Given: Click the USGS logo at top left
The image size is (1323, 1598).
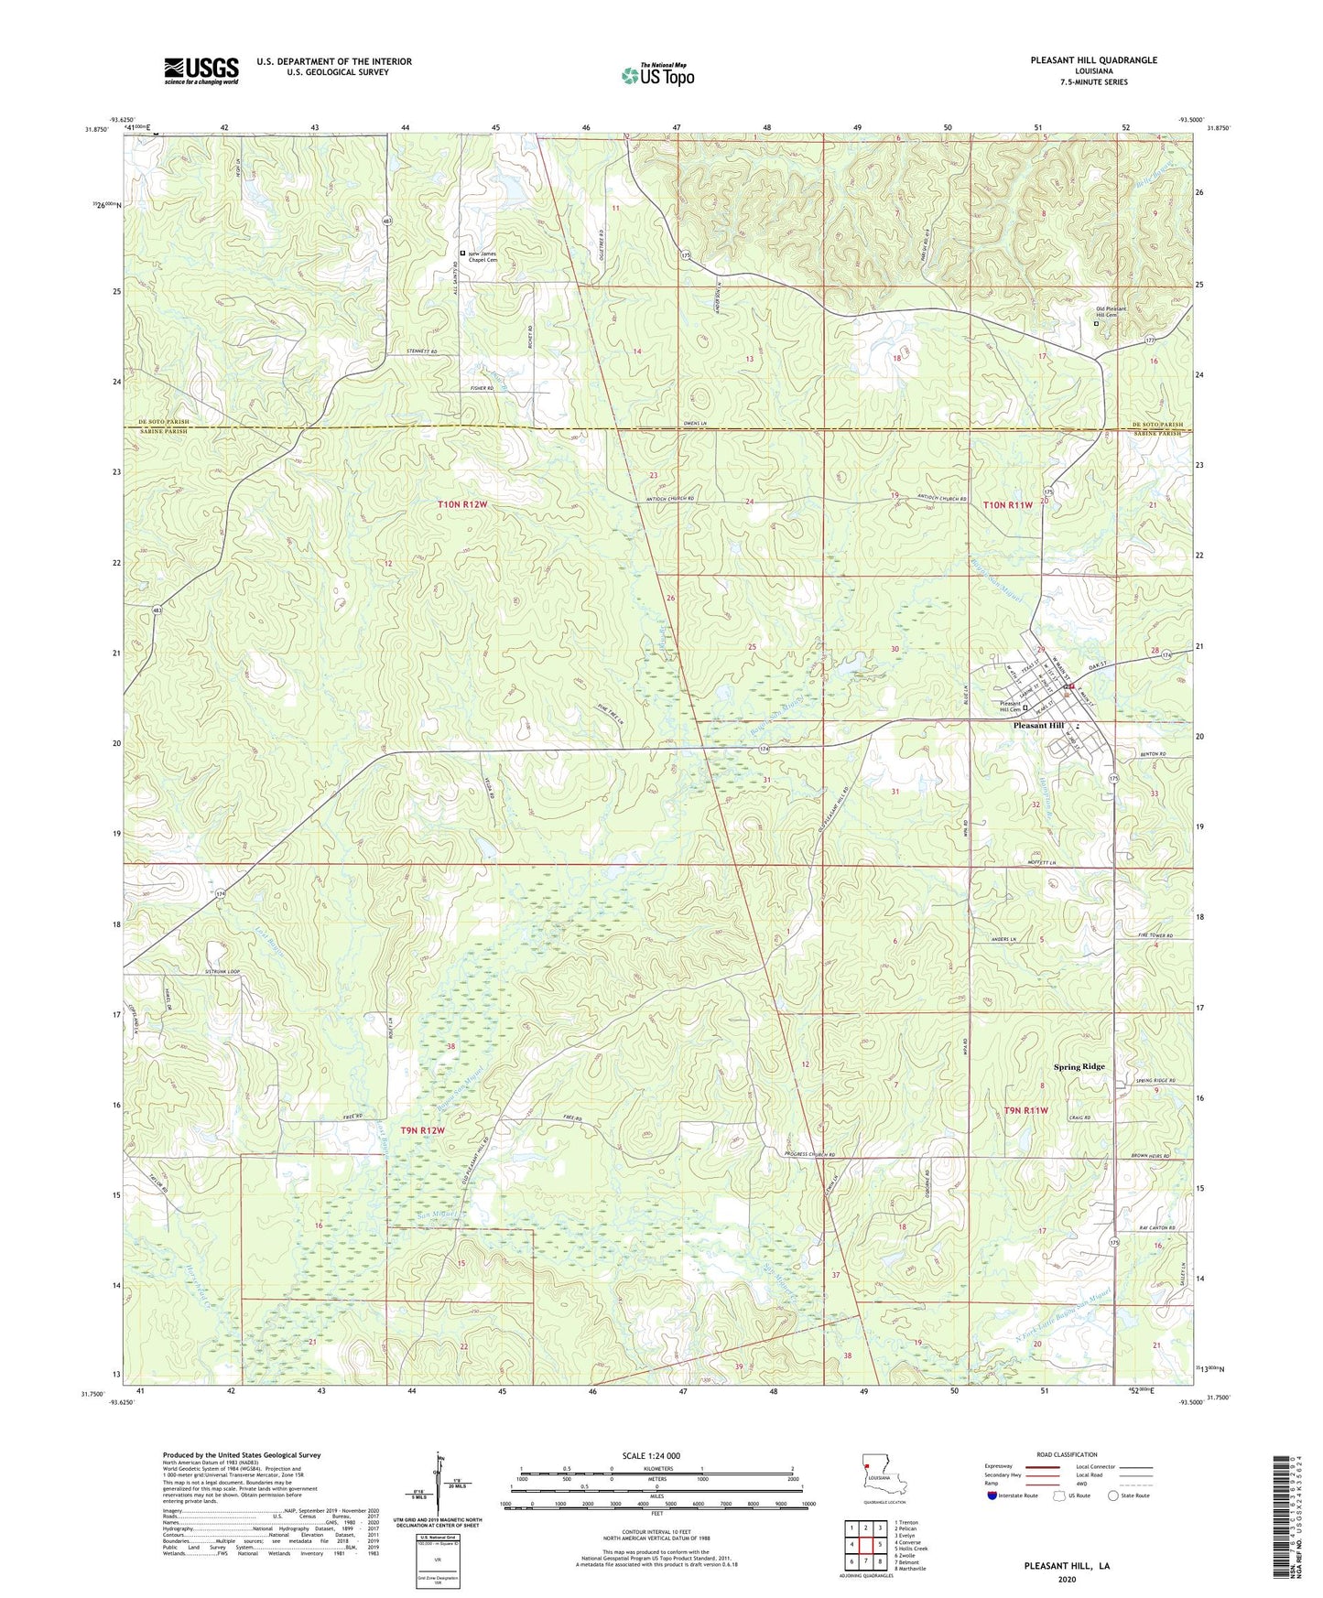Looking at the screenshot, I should [x=201, y=70].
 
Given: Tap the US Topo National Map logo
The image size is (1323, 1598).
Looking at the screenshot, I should [x=656, y=75].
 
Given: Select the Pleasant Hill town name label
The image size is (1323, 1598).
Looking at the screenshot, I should [x=1038, y=726].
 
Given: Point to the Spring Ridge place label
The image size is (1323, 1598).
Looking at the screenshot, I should [x=1079, y=1067].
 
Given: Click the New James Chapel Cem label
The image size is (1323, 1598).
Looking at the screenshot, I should [x=483, y=256].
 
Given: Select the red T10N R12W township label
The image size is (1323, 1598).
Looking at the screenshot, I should [x=462, y=504].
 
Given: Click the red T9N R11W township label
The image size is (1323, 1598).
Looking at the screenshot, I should [x=1025, y=1110].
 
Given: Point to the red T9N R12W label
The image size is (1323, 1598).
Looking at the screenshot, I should [x=422, y=1130].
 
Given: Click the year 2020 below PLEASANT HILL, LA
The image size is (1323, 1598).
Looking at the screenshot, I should [x=1066, y=1579].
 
